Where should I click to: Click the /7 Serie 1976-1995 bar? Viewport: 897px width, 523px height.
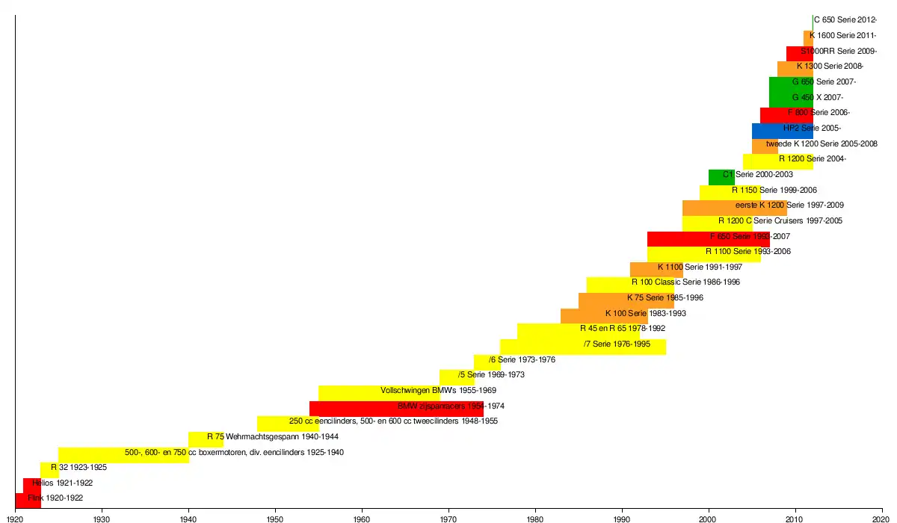click(583, 347)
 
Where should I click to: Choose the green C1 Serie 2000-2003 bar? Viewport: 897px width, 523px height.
click(721, 177)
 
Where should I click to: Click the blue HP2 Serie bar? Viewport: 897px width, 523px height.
click(782, 131)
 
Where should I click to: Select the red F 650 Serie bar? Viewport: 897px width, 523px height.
click(708, 238)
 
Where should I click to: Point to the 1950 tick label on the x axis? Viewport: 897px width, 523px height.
click(275, 518)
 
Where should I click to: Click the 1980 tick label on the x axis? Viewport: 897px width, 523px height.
click(534, 518)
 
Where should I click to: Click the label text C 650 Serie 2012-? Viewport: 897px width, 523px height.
click(845, 20)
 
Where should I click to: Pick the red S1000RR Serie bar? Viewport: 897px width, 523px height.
click(799, 54)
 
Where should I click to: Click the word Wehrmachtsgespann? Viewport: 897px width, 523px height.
click(261, 436)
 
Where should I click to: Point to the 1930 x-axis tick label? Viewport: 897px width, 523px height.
click(102, 518)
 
